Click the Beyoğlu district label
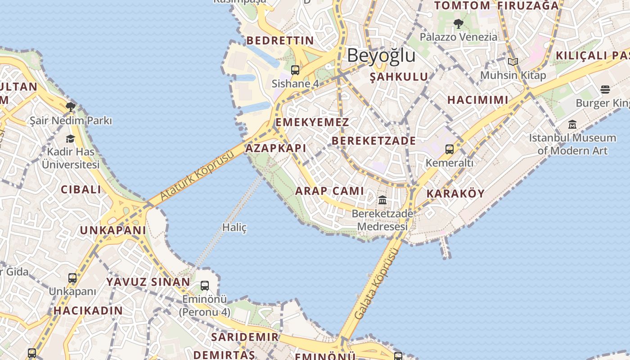tap(381, 55)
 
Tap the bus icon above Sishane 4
tap(295, 70)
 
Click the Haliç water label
tap(234, 228)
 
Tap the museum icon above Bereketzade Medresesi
tap(382, 200)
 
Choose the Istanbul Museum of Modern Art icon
tap(572, 124)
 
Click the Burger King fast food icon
tap(605, 90)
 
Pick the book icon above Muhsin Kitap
tap(513, 62)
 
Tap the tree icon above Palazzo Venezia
tap(459, 23)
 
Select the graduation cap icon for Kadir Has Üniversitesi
tap(70, 139)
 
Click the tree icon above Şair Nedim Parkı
tap(70, 107)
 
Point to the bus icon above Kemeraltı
tap(449, 149)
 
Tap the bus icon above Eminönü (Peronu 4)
tap(205, 285)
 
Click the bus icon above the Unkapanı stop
tap(72, 278)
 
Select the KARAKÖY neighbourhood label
tap(455, 194)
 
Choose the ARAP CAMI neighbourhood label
tap(329, 191)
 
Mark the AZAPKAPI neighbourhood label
tap(276, 148)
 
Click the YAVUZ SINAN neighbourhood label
tap(148, 282)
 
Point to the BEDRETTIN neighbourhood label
tap(280, 40)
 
